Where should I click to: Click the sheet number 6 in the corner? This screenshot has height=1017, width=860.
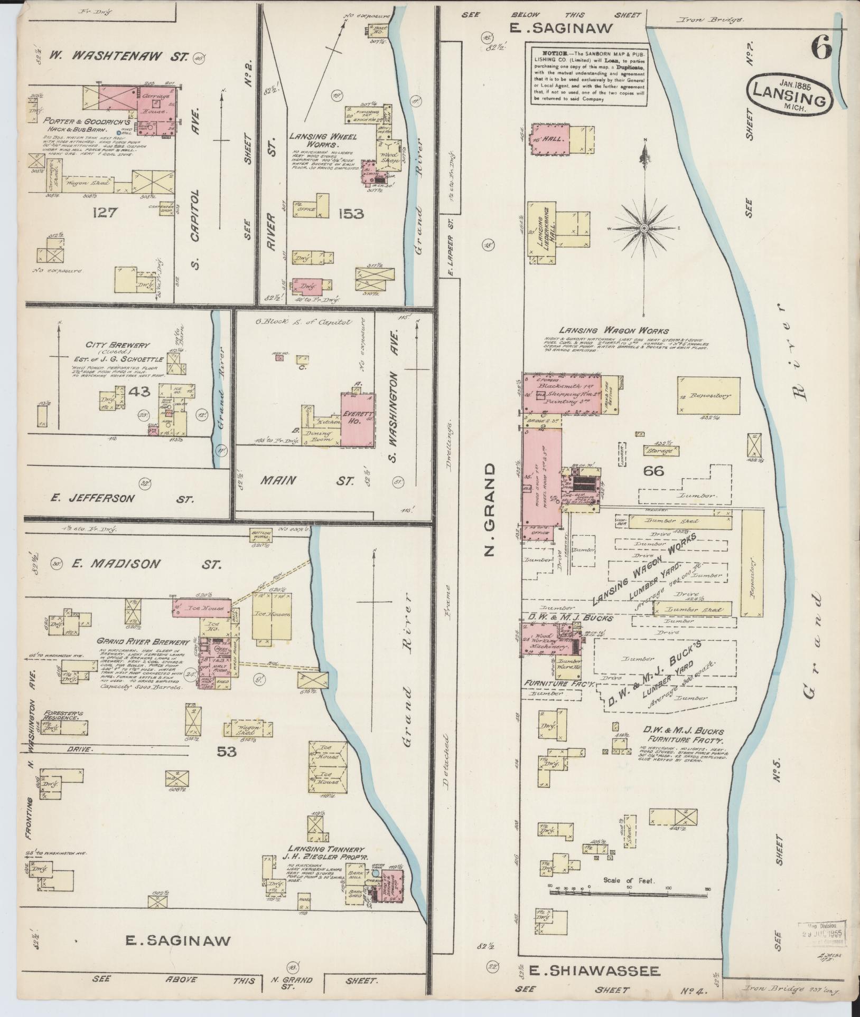[822, 51]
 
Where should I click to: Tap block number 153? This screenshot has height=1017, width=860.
[351, 214]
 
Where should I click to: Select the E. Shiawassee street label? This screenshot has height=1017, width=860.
[587, 971]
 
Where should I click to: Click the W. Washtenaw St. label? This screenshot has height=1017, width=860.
[119, 55]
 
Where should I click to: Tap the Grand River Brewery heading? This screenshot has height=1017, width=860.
[143, 642]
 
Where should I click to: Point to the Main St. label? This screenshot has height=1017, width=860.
[306, 481]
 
